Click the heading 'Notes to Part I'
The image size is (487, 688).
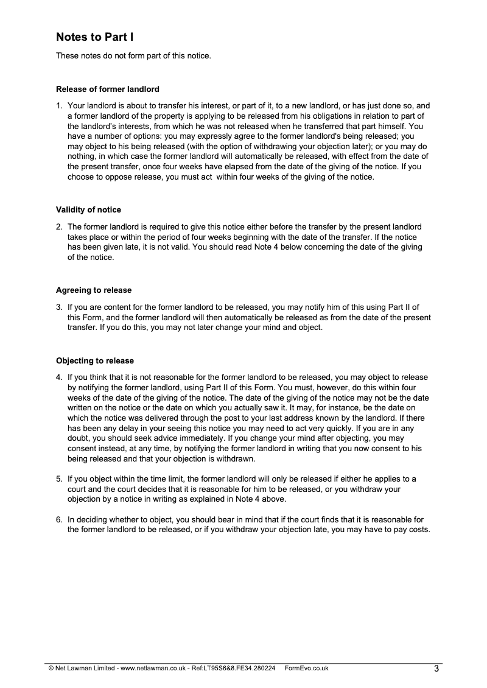[94, 37]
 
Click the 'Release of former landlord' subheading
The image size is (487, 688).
[108, 89]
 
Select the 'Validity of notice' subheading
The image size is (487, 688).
[88, 210]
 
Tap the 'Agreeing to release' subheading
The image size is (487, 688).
[94, 290]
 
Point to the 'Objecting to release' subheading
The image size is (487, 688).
[95, 360]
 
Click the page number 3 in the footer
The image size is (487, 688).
[436, 669]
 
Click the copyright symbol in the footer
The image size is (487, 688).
[51, 668]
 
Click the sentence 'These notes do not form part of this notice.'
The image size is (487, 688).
[133, 56]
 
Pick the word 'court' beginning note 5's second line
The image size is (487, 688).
[77, 489]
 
